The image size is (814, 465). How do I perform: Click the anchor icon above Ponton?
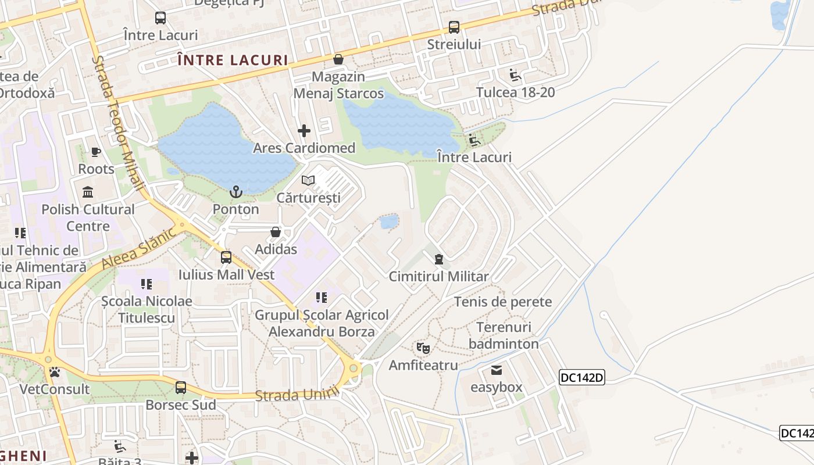coord(236,191)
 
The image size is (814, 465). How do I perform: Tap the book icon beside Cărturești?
coord(308,181)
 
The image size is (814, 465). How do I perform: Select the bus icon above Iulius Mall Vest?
coord(226,257)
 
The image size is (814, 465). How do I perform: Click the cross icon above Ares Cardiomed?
coord(304,131)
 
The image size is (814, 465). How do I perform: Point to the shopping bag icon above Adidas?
coord(276,232)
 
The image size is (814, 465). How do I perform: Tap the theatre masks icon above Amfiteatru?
coord(423,348)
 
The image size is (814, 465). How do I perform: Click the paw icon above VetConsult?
coord(55,372)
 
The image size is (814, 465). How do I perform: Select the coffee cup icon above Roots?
coord(96,152)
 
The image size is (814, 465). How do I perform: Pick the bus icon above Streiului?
coord(454,27)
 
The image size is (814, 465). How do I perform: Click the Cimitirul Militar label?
coord(439,276)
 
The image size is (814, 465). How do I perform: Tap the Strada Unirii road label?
coord(297,395)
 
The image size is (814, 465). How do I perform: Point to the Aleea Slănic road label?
coord(138,249)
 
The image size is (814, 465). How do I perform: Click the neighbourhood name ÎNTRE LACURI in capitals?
coord(233,60)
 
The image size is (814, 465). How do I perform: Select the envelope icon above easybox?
coord(497,370)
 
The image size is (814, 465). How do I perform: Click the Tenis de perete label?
coord(503,302)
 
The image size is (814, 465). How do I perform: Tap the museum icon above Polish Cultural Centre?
coord(88,192)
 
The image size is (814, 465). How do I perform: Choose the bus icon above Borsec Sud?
coord(181,388)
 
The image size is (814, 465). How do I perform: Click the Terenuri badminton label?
coord(504,335)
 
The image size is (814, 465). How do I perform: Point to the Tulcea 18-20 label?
coord(515,92)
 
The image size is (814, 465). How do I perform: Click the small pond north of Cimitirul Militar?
coord(389,221)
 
